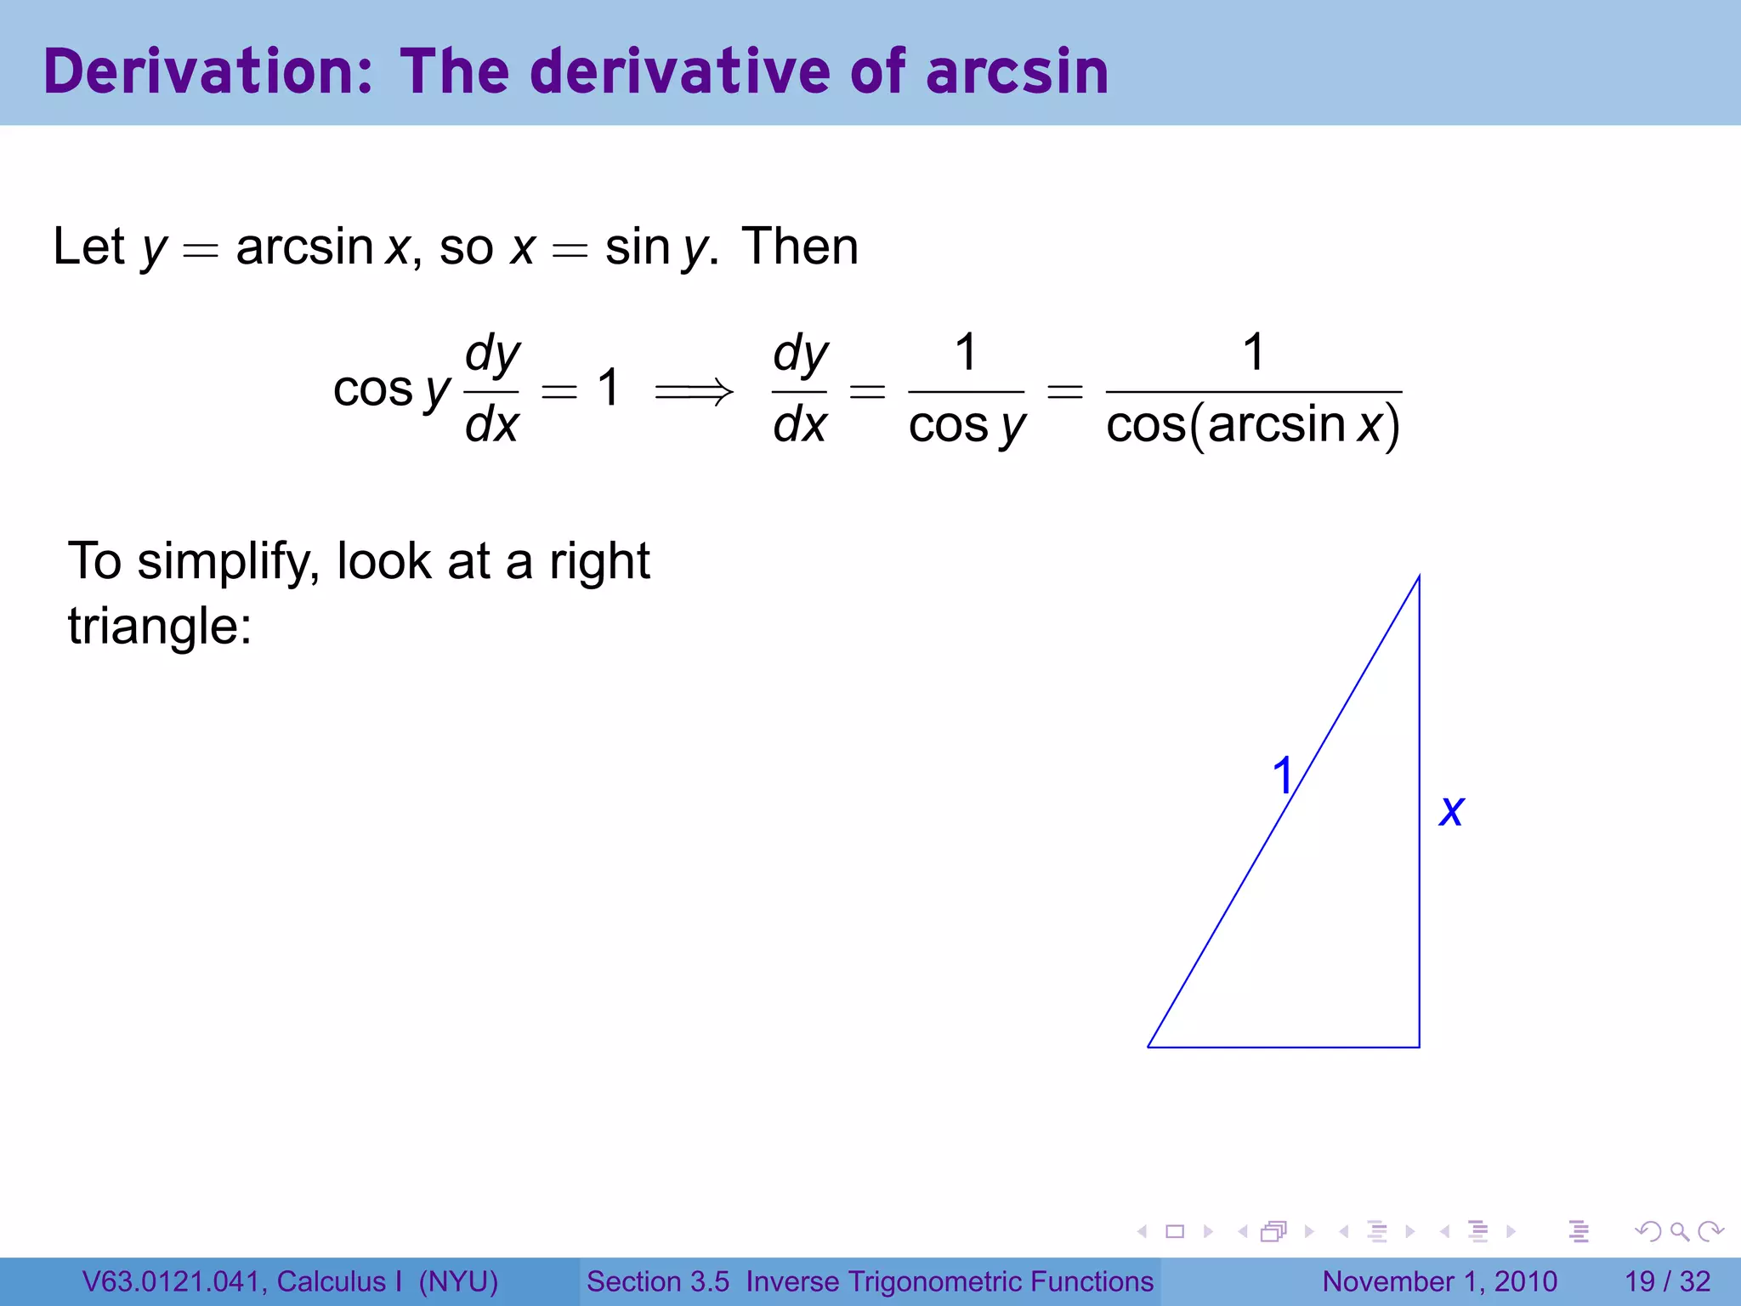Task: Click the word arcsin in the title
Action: pos(1017,71)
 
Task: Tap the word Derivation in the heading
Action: pos(207,71)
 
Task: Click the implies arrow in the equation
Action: pos(694,391)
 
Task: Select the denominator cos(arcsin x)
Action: pos(1253,425)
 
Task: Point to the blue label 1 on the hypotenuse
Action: pos(1282,775)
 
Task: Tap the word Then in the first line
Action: pos(800,247)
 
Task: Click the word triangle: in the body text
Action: pos(160,627)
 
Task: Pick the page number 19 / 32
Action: pos(1667,1281)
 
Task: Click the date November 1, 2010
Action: pos(1439,1281)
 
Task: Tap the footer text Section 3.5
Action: pos(658,1281)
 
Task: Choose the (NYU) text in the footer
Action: pos(458,1281)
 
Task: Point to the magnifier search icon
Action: pos(1679,1231)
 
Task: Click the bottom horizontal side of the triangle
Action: pos(1284,1047)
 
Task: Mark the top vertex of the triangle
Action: pos(1419,577)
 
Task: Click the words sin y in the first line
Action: pos(656,247)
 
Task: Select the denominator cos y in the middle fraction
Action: pos(967,425)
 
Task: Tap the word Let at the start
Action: pos(88,247)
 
